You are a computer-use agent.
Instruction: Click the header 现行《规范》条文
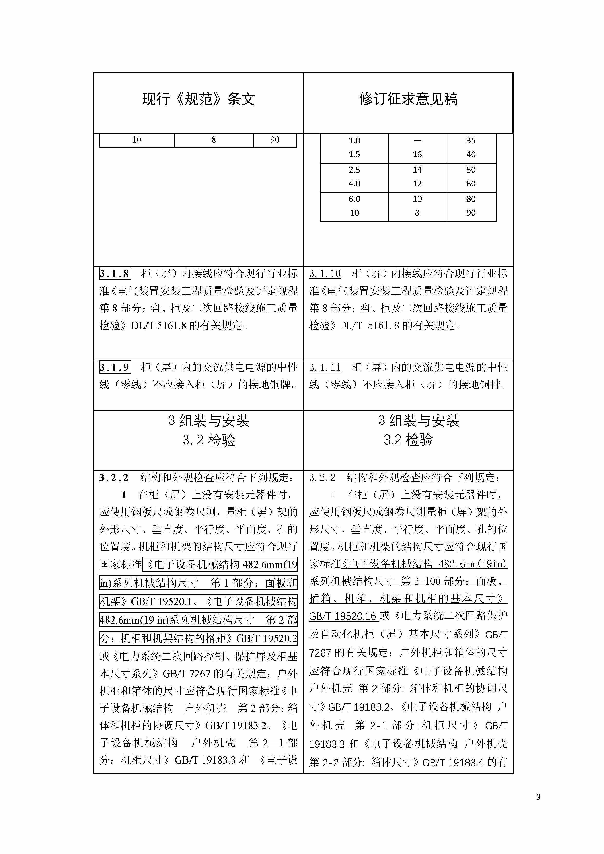point(198,99)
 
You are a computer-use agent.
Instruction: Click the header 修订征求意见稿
point(408,99)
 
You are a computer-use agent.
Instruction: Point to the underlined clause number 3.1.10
point(325,274)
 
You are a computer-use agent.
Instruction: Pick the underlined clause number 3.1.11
point(325,367)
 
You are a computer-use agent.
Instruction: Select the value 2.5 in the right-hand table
point(354,170)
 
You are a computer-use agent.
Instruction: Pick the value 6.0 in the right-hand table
point(354,199)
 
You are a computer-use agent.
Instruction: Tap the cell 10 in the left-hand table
point(137,140)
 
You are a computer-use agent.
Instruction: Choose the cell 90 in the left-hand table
point(275,140)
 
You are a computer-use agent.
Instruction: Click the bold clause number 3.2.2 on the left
point(113,478)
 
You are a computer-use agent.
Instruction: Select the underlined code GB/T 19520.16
point(343,616)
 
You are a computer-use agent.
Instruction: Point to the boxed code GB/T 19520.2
point(267,639)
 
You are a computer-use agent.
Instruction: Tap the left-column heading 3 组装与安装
point(209,421)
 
